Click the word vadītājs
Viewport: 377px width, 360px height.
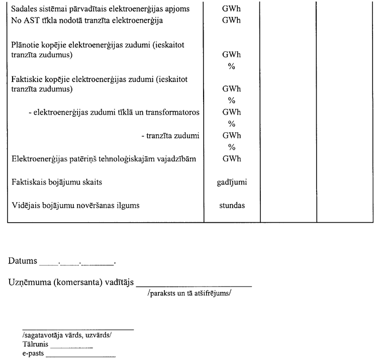(117, 284)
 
